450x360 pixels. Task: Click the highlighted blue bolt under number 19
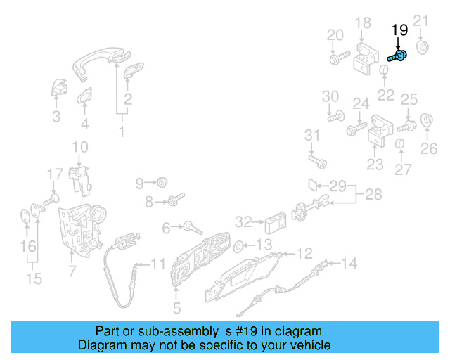coord(399,56)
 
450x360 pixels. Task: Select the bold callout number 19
coord(399,30)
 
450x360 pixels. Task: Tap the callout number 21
coord(420,20)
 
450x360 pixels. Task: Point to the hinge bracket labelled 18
coord(364,53)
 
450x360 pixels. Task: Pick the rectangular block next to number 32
coord(274,224)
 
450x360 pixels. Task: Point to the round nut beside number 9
coord(161,183)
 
